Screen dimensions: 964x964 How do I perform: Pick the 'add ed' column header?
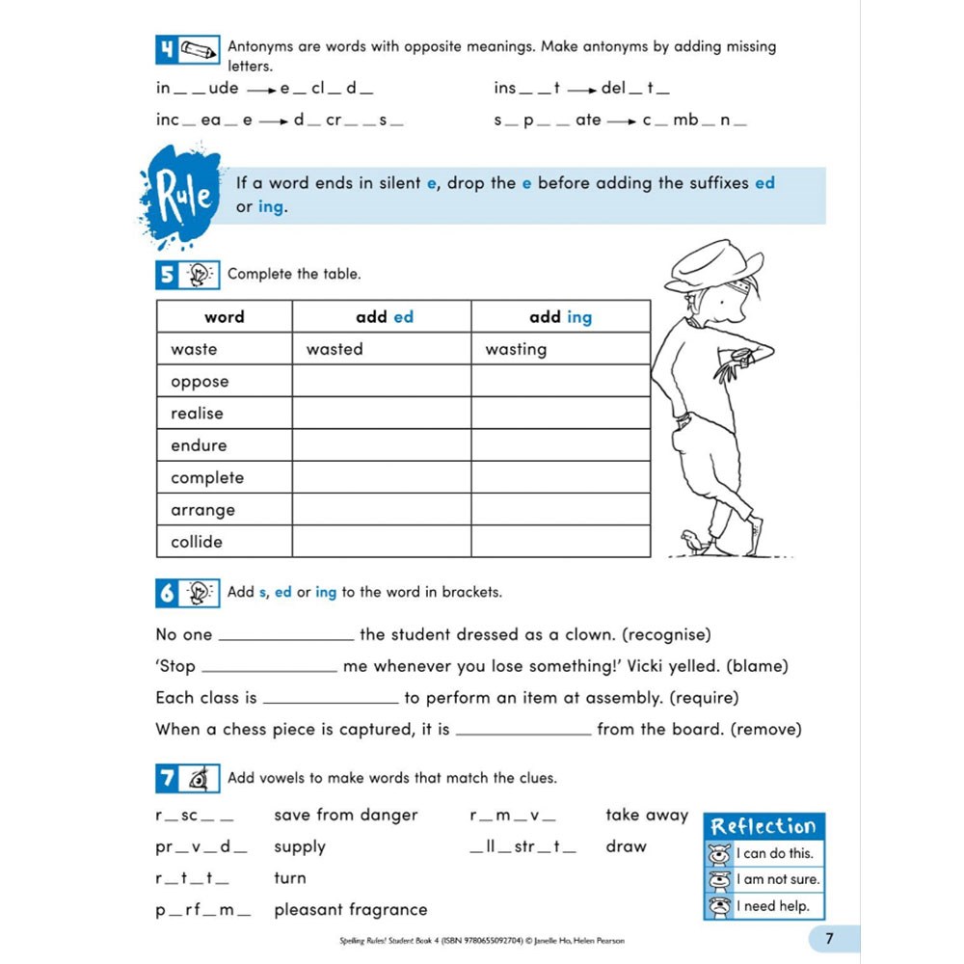click(x=384, y=316)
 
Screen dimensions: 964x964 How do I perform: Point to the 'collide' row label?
click(x=198, y=542)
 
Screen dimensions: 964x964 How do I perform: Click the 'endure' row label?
click(x=200, y=445)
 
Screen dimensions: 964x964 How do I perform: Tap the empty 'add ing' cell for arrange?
click(x=560, y=510)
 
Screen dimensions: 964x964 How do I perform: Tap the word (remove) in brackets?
click(x=765, y=730)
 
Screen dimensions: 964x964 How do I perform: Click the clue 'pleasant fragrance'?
click(x=350, y=909)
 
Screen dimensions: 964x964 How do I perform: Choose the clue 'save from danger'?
click(x=345, y=815)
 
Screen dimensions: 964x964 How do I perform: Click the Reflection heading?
click(x=763, y=826)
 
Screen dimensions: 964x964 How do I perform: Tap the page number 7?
click(x=829, y=938)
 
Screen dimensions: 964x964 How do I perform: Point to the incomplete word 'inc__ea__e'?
click(x=203, y=120)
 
